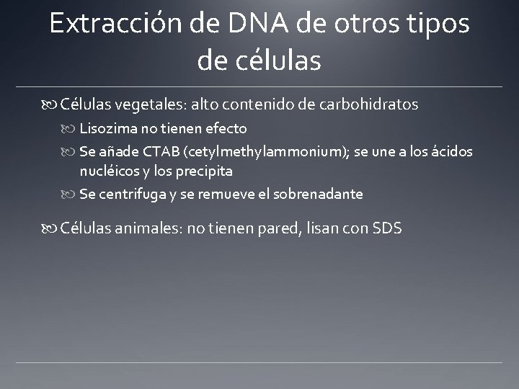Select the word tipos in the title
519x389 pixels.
pyautogui.click(x=434, y=24)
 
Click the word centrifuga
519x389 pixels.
pyautogui.click(x=130, y=194)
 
